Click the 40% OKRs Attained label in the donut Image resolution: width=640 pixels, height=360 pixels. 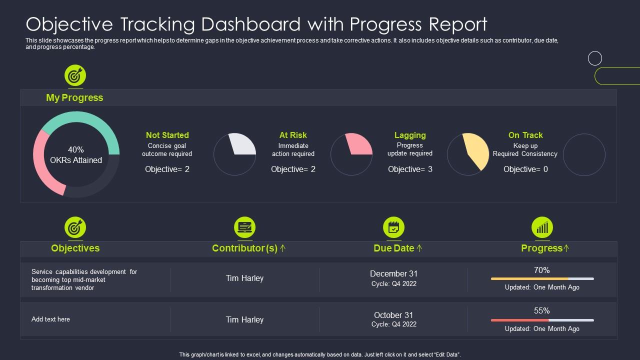tap(76, 155)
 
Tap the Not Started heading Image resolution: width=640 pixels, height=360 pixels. tap(167, 135)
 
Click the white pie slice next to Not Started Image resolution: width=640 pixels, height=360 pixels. tap(243, 145)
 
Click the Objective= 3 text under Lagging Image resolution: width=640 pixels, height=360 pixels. tap(410, 169)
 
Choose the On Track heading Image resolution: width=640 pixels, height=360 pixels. tap(525, 135)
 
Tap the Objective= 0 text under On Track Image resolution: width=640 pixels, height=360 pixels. tap(525, 169)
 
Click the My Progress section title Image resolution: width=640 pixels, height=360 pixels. tap(74, 97)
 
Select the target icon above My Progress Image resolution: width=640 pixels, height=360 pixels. tap(75, 76)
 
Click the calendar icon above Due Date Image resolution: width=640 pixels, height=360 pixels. tap(393, 227)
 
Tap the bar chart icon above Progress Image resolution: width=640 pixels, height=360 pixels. tap(542, 227)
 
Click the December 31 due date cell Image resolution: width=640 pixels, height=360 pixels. tap(393, 273)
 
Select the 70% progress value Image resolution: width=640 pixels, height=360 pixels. tap(541, 270)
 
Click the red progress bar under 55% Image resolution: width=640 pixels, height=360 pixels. tap(519, 320)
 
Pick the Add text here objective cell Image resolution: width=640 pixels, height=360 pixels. tap(50, 319)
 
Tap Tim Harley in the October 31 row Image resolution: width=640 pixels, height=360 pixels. tap(244, 319)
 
